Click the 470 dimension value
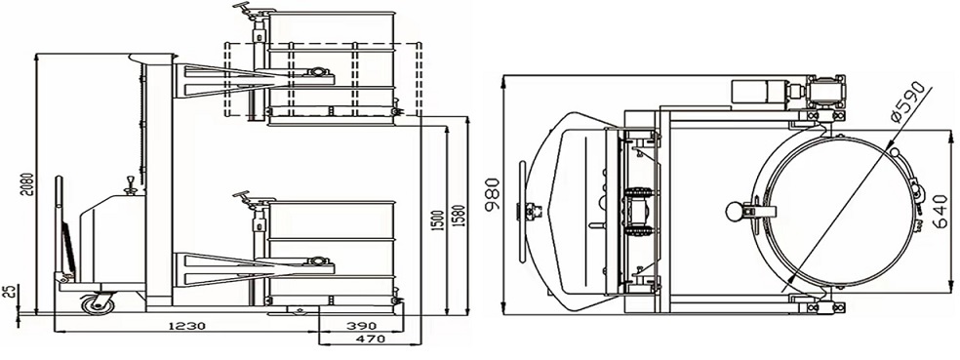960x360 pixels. pyautogui.click(x=371, y=338)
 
